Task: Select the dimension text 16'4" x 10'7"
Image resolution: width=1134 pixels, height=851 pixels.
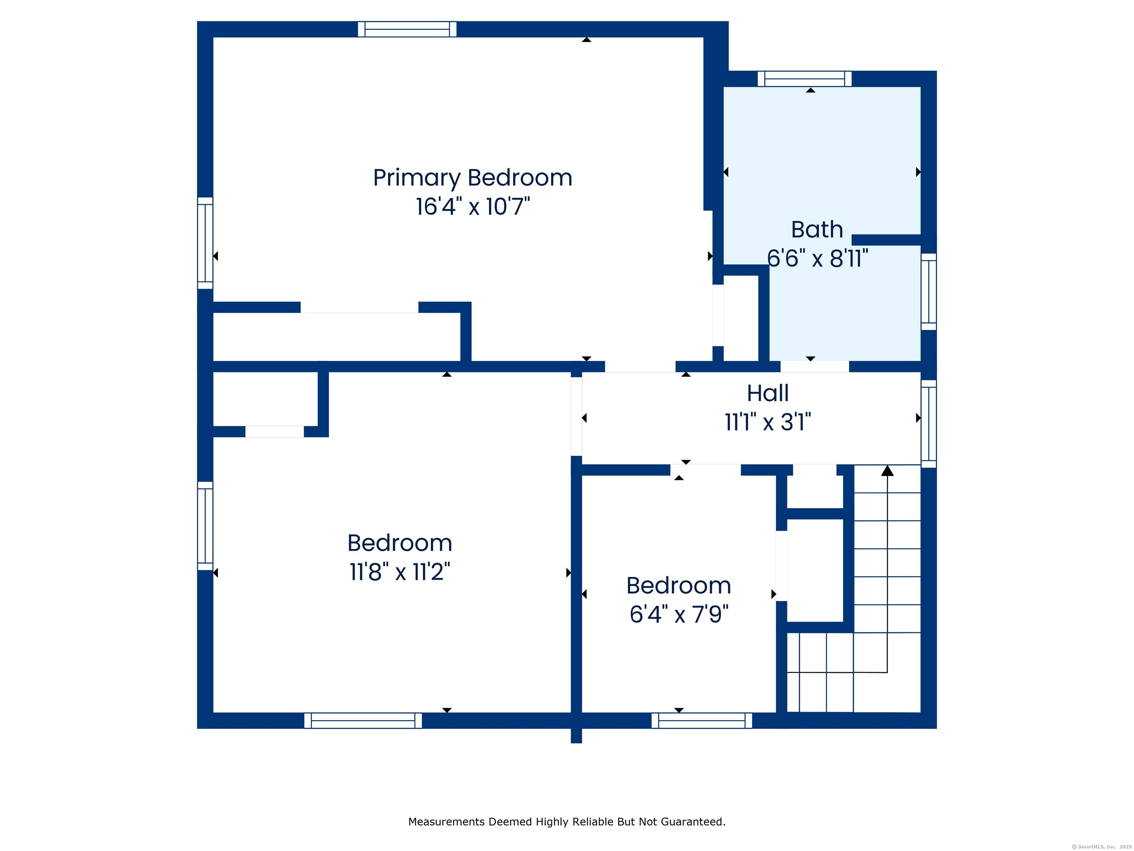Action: tap(472, 207)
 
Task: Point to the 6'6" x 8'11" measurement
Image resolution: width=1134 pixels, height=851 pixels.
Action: tap(817, 258)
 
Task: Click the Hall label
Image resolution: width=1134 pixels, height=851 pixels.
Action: tap(767, 393)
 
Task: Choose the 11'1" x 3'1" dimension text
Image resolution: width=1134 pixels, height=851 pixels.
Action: tap(767, 422)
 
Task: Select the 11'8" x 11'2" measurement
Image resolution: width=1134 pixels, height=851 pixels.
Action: tap(400, 571)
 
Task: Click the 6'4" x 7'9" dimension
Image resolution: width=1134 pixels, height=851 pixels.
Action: tap(679, 614)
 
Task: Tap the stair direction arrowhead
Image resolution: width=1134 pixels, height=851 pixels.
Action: tap(887, 471)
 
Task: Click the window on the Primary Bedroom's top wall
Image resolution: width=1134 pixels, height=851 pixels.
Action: tap(407, 29)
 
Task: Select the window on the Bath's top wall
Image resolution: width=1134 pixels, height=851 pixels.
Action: tap(804, 78)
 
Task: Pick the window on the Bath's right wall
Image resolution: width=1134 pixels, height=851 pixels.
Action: tap(928, 291)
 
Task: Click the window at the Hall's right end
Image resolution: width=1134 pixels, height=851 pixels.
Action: tap(928, 424)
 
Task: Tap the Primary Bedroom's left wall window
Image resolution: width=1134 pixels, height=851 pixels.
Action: tap(205, 243)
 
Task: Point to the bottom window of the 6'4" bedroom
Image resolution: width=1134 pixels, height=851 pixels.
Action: tap(701, 720)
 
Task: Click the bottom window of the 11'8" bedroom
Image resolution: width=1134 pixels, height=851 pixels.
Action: tap(363, 720)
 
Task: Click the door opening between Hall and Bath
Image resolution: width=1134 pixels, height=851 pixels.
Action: tap(815, 366)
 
